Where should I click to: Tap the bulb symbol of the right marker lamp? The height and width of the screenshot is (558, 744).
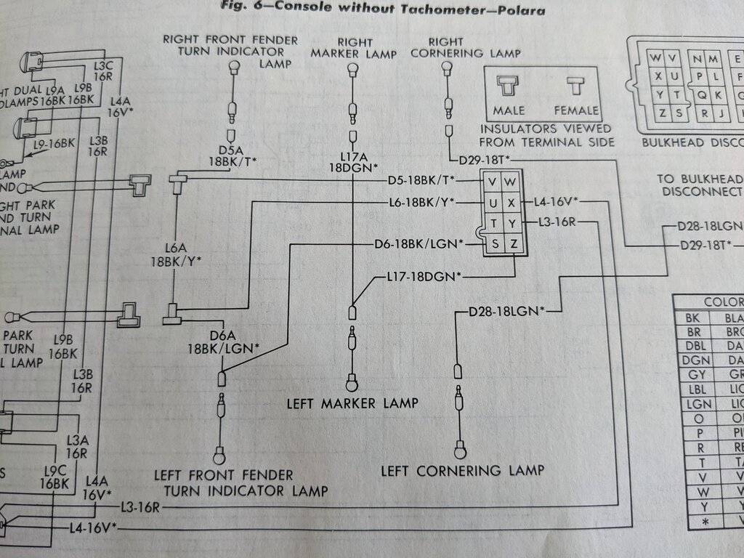(352, 69)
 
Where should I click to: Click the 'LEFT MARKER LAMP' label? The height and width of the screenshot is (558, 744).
(352, 403)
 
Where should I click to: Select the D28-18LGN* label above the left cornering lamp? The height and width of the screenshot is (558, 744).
(506, 312)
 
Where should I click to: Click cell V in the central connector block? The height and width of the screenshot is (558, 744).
(494, 181)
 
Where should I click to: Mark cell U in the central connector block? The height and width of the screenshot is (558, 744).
(494, 203)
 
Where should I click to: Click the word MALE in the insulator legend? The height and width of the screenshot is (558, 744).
(509, 110)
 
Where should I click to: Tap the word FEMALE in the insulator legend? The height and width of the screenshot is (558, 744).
(576, 110)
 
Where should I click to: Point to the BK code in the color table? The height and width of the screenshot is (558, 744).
(692, 318)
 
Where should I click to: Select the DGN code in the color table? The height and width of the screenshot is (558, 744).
(692, 360)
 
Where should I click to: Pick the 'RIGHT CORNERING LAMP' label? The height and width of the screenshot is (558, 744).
(466, 47)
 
